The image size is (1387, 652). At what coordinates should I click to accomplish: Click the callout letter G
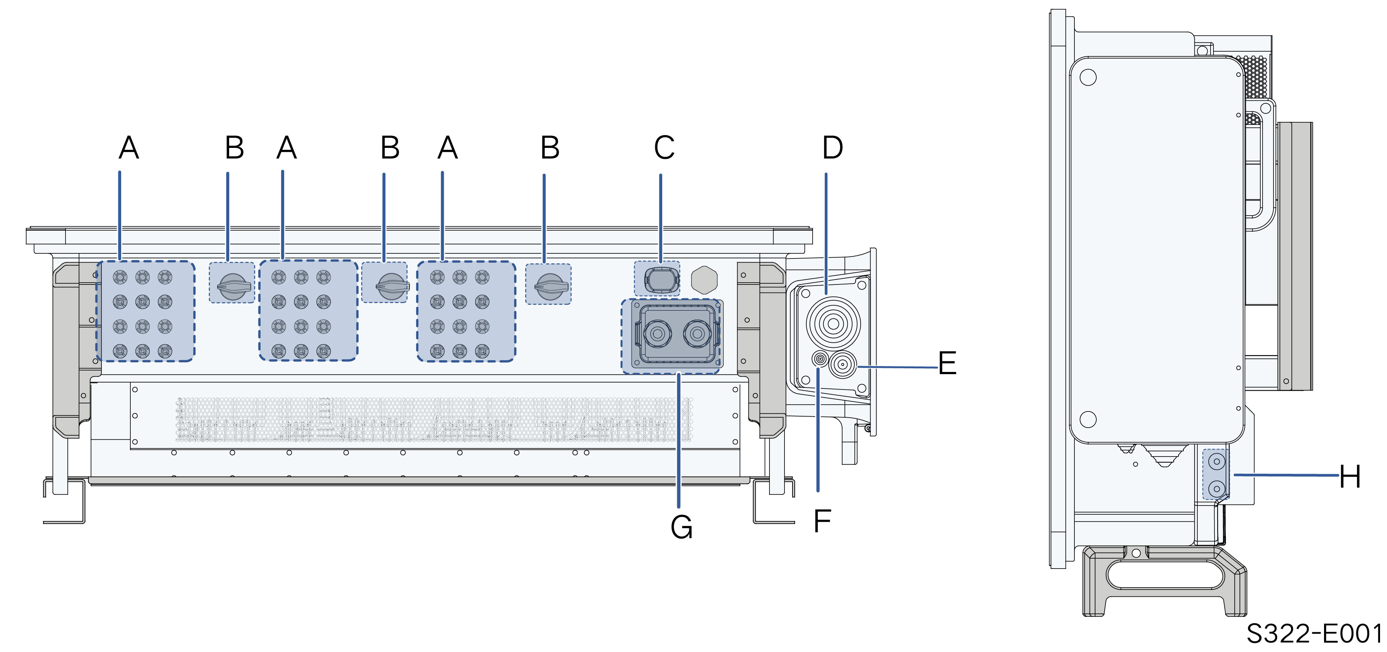681,526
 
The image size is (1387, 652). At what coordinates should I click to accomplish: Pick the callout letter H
1350,477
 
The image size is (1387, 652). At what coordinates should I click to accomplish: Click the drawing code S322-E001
1314,634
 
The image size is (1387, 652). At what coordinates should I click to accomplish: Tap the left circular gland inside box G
657,333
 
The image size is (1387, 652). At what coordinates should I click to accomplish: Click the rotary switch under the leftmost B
233,286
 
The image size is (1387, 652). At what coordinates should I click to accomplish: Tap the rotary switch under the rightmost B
550,286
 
